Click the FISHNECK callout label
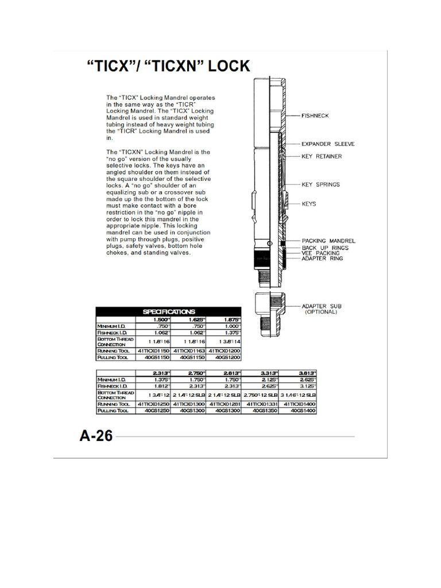(x=315, y=115)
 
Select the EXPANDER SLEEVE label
(x=328, y=144)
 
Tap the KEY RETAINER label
(x=322, y=156)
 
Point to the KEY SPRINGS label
(x=320, y=184)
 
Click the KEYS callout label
(x=309, y=204)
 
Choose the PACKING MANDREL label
(x=328, y=241)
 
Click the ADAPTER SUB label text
(x=322, y=306)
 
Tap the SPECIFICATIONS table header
(x=169, y=312)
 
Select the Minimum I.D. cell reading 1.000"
(x=226, y=326)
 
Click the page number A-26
(x=96, y=436)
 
